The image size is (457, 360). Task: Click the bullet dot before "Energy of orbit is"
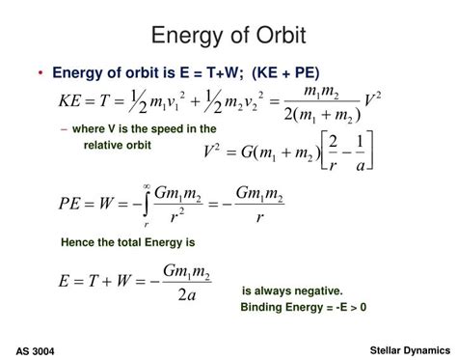coord(41,72)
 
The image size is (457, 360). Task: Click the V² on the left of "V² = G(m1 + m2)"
coord(214,151)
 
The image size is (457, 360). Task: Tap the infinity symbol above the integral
coord(146,186)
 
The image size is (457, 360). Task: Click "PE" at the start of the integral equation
coord(72,205)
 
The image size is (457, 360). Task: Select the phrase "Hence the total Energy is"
coord(127,242)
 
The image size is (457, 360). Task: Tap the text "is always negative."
coord(292,291)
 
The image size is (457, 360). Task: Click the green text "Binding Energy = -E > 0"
coord(304,307)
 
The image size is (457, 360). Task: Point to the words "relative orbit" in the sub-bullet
coord(118,145)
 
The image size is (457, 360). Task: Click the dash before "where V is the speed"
coord(64,128)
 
